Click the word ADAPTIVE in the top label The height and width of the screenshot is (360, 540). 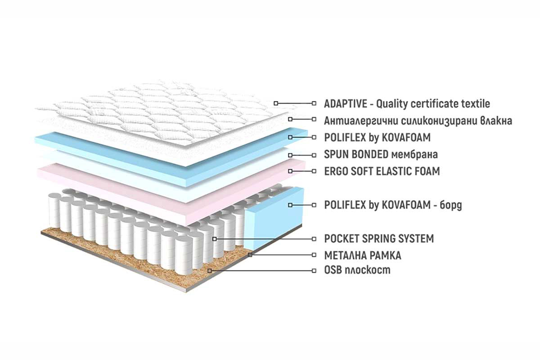346,103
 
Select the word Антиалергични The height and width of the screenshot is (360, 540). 361,121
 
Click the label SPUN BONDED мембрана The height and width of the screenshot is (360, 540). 381,154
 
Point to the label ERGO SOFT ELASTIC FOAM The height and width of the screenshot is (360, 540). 382,171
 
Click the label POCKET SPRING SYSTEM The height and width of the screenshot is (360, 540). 379,238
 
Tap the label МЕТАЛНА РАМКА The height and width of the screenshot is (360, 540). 363,256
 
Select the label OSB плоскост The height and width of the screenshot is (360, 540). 357,270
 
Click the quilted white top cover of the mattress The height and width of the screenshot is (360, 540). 164,113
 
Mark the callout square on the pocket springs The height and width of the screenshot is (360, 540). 215,239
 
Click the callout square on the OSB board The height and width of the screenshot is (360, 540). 210,271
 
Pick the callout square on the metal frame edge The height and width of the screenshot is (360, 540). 250,255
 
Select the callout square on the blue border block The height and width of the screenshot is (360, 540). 290,205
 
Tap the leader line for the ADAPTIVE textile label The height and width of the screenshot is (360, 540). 295,103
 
